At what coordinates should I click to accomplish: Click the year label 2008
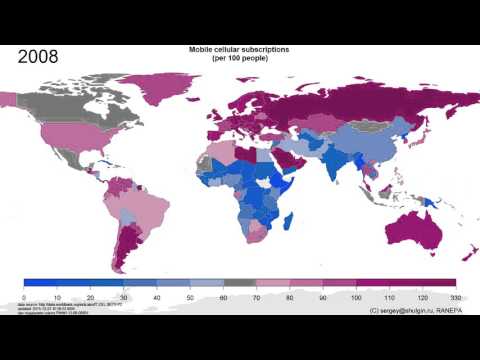coord(38,57)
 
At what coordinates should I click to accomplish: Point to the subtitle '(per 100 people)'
coord(239,58)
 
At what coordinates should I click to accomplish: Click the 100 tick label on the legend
coord(356,298)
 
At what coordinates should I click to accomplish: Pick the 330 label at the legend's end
coord(455,298)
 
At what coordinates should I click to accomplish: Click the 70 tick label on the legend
coord(256,298)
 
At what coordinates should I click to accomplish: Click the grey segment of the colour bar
coord(239,284)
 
